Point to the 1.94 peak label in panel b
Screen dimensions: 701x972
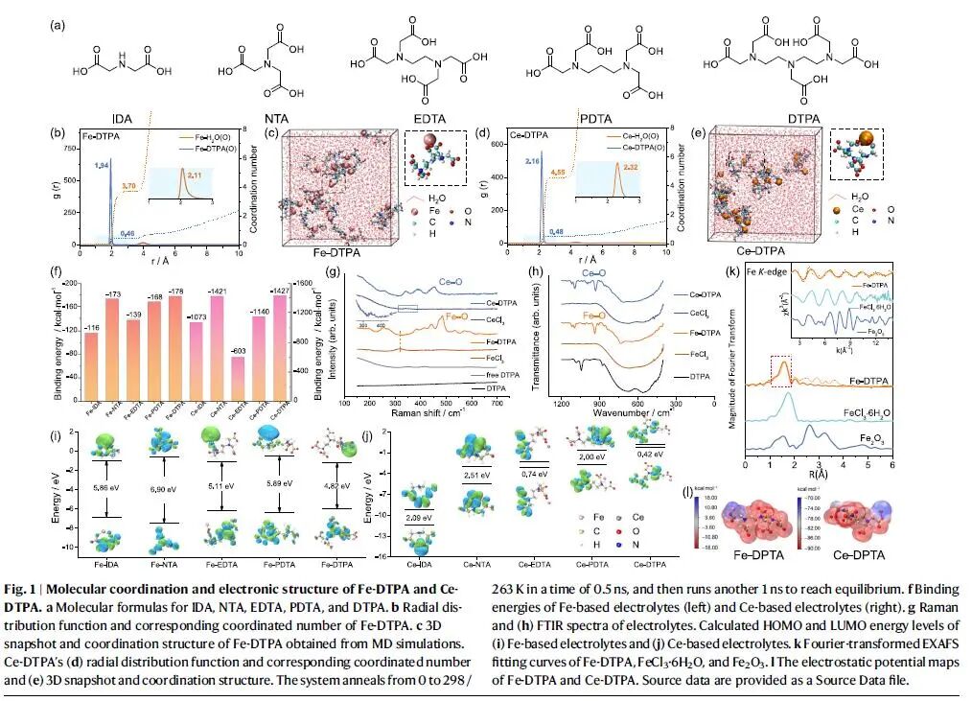(x=102, y=166)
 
